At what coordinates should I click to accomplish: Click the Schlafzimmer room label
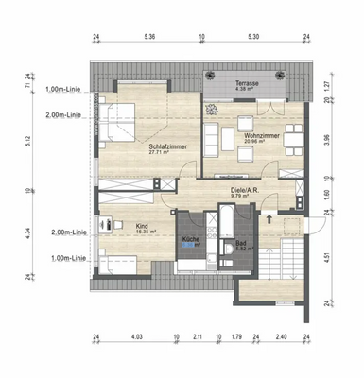[x=165, y=147]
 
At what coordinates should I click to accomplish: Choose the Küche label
[x=190, y=240]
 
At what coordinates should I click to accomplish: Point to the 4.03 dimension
[x=136, y=336]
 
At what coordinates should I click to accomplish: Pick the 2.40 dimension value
[x=281, y=336]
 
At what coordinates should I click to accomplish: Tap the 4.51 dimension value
[x=326, y=252]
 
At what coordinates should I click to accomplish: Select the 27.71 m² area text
[x=165, y=155]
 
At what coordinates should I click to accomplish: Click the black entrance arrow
[x=272, y=219]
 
